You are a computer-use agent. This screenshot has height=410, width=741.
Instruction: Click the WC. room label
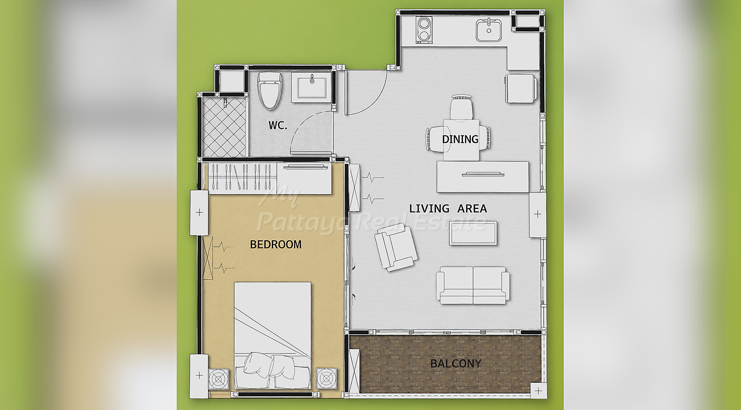(278, 125)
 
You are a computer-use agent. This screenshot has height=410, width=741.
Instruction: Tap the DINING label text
(460, 140)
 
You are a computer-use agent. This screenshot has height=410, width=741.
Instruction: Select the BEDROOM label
(275, 244)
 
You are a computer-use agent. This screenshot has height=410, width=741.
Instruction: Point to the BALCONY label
(455, 364)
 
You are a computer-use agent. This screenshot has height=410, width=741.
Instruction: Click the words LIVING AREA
(448, 208)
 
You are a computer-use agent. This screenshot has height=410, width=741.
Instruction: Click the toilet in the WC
(270, 91)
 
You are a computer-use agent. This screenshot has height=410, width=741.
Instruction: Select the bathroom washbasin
(311, 88)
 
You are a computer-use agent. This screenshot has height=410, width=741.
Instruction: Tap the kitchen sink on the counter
(488, 30)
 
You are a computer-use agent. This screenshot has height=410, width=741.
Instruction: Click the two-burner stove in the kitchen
(424, 30)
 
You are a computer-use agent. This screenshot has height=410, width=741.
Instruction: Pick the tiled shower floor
(224, 127)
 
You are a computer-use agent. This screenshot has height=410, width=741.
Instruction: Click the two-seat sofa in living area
(473, 285)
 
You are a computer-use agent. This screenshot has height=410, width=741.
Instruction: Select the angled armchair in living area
(396, 247)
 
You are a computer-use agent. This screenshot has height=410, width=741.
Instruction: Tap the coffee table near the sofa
(473, 233)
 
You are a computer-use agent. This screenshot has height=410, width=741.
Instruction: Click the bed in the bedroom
(272, 335)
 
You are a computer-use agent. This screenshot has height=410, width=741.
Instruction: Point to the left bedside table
(218, 379)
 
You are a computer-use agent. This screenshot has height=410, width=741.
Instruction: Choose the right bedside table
(327, 378)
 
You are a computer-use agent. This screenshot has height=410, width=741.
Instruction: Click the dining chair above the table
(461, 108)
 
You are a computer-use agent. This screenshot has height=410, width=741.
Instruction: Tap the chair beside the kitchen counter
(521, 88)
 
